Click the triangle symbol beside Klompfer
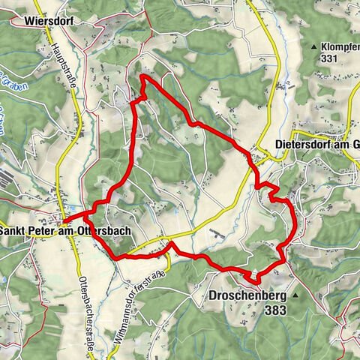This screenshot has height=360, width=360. pos(313,46)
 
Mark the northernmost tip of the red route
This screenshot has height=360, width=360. pos(143,76)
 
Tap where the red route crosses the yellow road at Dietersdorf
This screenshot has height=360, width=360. pos(256,160)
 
